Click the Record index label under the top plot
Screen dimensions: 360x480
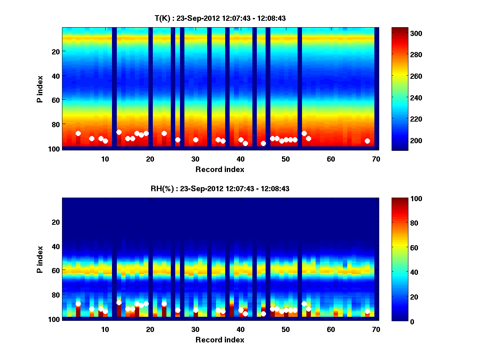[x=220, y=169]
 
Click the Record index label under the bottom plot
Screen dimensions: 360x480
[x=220, y=340]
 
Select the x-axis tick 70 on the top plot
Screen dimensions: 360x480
[x=376, y=159]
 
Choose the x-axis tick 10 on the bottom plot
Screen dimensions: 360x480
[x=105, y=329]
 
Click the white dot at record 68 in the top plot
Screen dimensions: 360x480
[x=367, y=141]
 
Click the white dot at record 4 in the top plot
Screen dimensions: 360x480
[x=78, y=133]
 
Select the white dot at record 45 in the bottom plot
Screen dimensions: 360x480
[x=263, y=314]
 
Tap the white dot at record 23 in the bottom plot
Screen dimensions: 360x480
[x=164, y=304]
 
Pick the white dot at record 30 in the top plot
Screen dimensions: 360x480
[x=196, y=140]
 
